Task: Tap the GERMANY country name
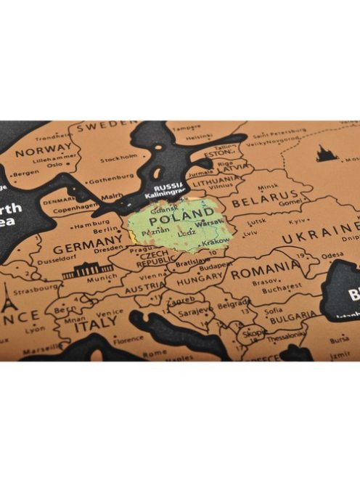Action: point(87,247)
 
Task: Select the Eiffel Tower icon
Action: point(8,298)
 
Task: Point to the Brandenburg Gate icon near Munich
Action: point(88,270)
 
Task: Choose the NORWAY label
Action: point(44,152)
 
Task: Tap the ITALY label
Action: point(95,327)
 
